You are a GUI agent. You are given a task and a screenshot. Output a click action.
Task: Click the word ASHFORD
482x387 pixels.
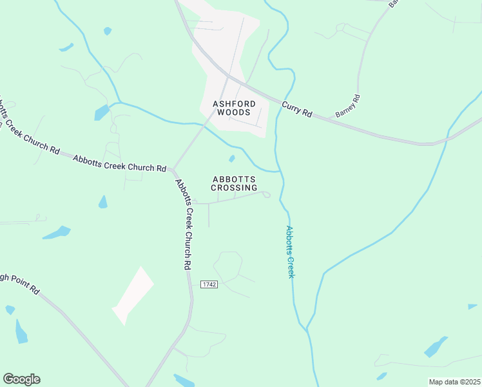point(235,103)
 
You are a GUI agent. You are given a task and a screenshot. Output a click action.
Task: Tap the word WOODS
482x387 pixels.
point(235,112)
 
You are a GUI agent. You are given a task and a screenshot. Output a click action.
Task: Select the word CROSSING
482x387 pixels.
point(235,188)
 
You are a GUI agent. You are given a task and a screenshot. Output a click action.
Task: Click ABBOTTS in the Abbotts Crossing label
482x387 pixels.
point(235,179)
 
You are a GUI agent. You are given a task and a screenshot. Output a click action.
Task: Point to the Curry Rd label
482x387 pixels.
point(297,108)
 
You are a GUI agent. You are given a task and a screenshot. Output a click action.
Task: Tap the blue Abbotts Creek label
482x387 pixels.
point(290,252)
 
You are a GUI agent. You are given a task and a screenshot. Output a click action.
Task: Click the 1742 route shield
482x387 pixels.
point(209,284)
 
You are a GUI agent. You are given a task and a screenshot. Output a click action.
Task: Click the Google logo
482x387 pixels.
point(21,379)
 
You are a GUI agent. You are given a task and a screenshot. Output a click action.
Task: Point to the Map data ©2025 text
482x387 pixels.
point(454,382)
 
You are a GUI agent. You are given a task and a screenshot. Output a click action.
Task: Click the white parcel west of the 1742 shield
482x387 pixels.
point(133,295)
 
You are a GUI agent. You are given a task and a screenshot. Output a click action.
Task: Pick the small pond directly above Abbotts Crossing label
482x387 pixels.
point(232,159)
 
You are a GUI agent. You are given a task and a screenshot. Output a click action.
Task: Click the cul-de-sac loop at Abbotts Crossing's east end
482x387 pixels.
point(266,194)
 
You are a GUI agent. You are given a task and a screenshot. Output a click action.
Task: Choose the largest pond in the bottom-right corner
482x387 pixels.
point(436,347)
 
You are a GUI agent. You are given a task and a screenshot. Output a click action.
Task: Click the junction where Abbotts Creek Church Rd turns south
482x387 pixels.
point(173,170)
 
